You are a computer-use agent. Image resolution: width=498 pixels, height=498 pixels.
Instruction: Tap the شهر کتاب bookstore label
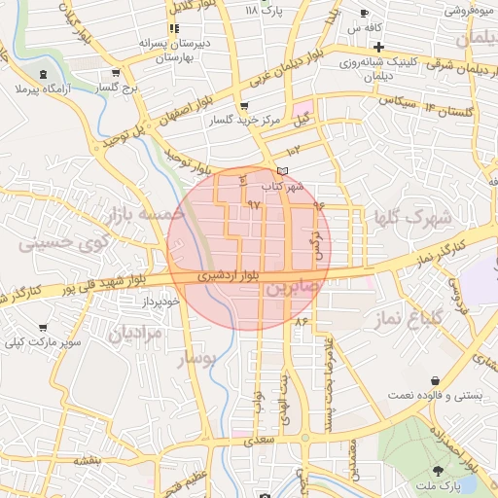[283, 185]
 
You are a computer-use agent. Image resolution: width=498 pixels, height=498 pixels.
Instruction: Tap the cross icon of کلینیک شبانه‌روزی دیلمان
[378, 47]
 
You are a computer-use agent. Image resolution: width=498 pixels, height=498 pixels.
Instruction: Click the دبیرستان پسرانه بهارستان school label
[175, 51]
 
